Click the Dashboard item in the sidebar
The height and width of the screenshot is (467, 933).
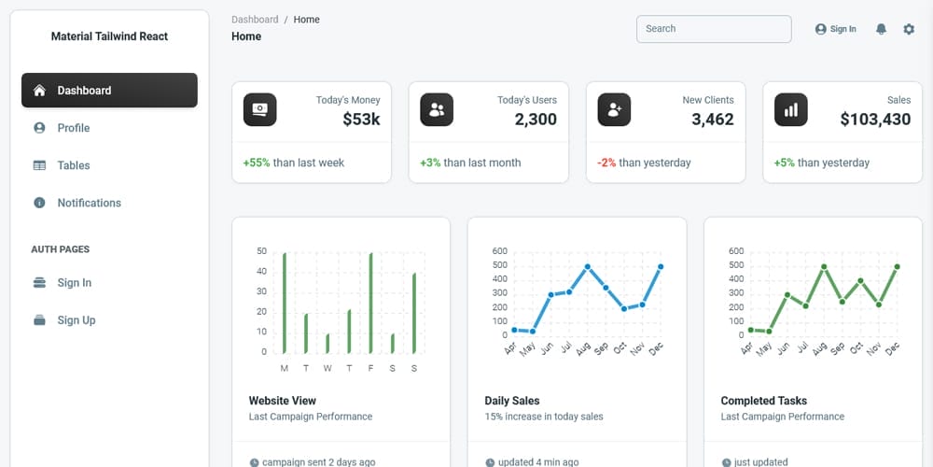(109, 91)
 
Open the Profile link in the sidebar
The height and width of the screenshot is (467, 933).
(73, 128)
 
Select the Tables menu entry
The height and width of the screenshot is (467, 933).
(73, 165)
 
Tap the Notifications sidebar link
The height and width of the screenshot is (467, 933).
(89, 203)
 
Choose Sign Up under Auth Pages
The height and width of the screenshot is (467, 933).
(76, 320)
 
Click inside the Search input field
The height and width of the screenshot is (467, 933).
(713, 29)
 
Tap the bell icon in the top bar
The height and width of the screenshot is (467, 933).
(881, 29)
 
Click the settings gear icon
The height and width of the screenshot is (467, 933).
(909, 29)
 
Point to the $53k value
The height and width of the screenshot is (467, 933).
(361, 120)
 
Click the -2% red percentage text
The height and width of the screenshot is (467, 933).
(606, 163)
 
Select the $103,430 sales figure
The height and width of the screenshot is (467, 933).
(875, 120)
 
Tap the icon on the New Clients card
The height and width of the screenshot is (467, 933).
(614, 110)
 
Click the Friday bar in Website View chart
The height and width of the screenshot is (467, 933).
(370, 302)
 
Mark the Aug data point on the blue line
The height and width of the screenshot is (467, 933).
(588, 266)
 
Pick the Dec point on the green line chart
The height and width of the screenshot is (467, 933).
(897, 266)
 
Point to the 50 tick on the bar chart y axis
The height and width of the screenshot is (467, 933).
(261, 251)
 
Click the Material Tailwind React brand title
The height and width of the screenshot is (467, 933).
(109, 36)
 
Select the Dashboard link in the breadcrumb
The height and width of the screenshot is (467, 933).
(255, 20)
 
